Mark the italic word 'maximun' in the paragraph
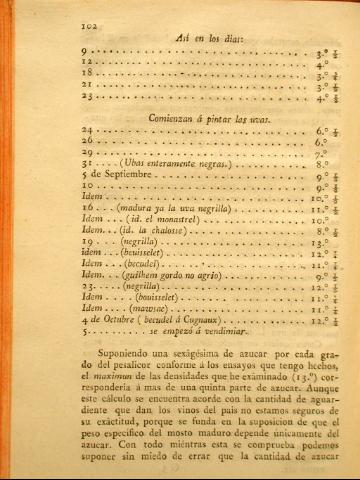pyautogui.click(x=95, y=392)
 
